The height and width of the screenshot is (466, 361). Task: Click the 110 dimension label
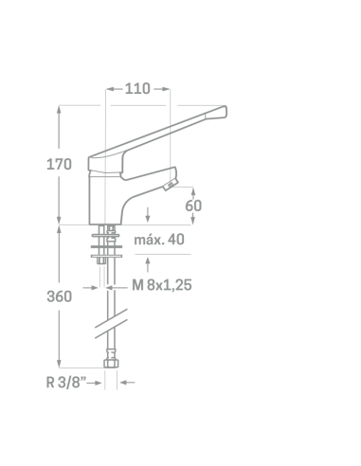137,89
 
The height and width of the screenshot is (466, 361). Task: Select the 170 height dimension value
59,165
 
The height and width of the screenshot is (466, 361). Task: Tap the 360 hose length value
59,296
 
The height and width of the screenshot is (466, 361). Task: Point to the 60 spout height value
193,206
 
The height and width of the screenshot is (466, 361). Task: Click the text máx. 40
159,240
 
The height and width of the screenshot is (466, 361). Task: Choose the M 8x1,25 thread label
162,285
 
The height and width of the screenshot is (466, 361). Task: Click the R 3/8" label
66,383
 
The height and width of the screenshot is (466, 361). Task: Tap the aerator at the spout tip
171,185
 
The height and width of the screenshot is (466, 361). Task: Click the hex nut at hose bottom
111,363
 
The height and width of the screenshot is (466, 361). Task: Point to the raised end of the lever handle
222,112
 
